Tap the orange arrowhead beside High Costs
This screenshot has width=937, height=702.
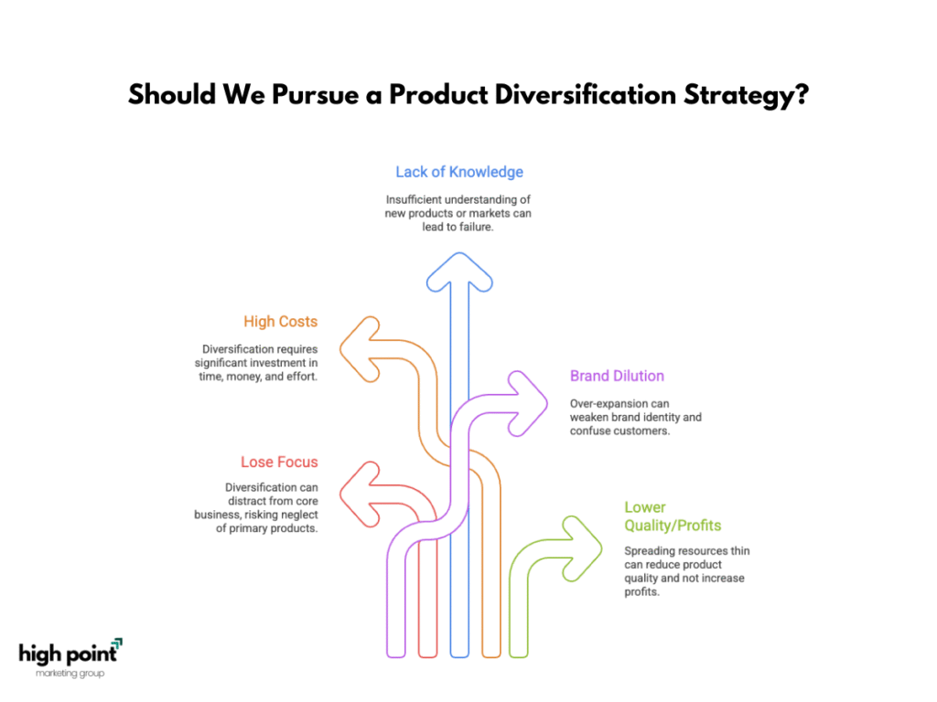tap(359, 349)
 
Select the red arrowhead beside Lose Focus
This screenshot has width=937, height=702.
tap(359, 495)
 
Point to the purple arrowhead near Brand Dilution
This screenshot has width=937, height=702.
tap(528, 403)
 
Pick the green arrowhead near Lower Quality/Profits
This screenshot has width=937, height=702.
tap(583, 548)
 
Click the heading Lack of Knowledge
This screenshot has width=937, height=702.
tap(459, 172)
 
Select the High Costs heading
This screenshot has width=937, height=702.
tap(280, 321)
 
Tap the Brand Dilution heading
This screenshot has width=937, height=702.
tap(617, 376)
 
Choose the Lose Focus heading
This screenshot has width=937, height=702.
tap(279, 462)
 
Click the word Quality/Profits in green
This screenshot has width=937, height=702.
tap(673, 526)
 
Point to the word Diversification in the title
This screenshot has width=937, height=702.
tap(585, 94)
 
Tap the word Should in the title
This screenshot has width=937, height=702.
tap(171, 94)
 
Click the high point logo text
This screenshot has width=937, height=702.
tap(68, 654)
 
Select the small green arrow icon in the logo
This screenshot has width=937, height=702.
tap(117, 643)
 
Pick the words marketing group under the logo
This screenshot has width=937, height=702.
tap(70, 674)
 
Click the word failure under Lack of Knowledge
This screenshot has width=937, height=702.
tap(475, 227)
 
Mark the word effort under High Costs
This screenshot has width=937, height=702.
tap(302, 376)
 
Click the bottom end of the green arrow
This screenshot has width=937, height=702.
tap(519, 656)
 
